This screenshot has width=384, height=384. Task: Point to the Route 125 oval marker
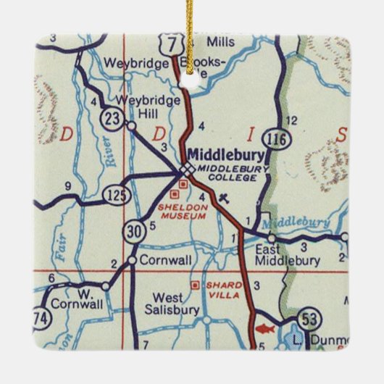click(113, 193)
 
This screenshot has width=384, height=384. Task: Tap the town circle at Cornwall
click(133, 259)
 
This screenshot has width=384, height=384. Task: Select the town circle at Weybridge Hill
click(131, 125)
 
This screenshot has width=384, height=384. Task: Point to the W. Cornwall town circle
click(106, 286)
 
